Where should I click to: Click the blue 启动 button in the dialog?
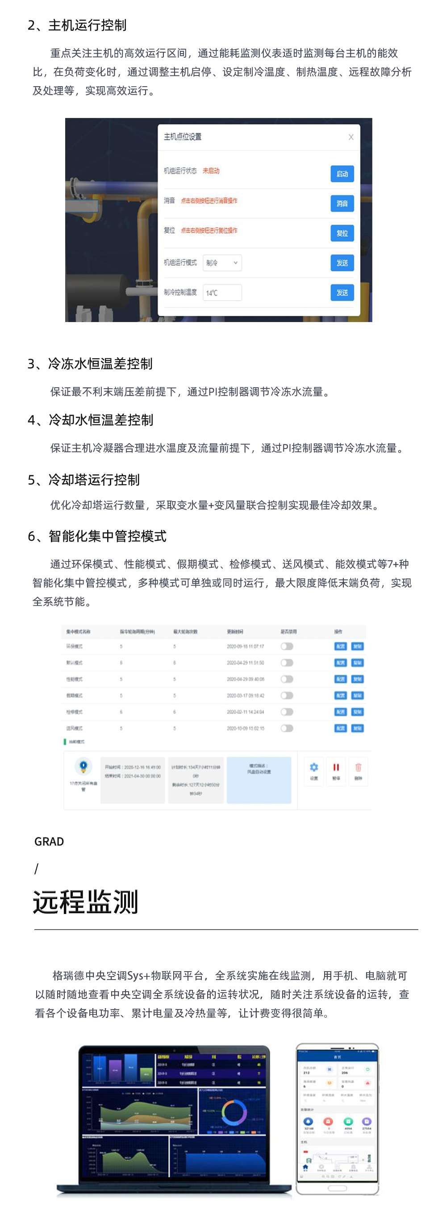pos(342,174)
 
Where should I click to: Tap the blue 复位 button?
pos(342,233)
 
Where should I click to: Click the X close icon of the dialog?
pos(351,137)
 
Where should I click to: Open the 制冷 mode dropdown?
pos(222,263)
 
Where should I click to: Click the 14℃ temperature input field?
pos(222,293)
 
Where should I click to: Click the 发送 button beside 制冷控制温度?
pos(342,293)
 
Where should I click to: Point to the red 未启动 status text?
pos(211,171)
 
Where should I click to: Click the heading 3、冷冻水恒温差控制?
pos(90,364)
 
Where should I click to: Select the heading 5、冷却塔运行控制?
pos(84,479)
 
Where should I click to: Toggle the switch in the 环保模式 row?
pos(287,646)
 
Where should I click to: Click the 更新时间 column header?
pos(235,631)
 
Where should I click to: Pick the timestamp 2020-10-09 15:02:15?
pos(245,728)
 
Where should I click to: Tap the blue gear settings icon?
pos(314,767)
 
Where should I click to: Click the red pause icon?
pos(336,767)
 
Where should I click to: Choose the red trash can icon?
pos(358,767)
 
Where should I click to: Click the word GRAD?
pos(49,842)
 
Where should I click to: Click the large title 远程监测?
pos(85,902)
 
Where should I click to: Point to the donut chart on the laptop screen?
pos(234,1113)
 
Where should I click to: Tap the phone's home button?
pos(337,1188)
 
